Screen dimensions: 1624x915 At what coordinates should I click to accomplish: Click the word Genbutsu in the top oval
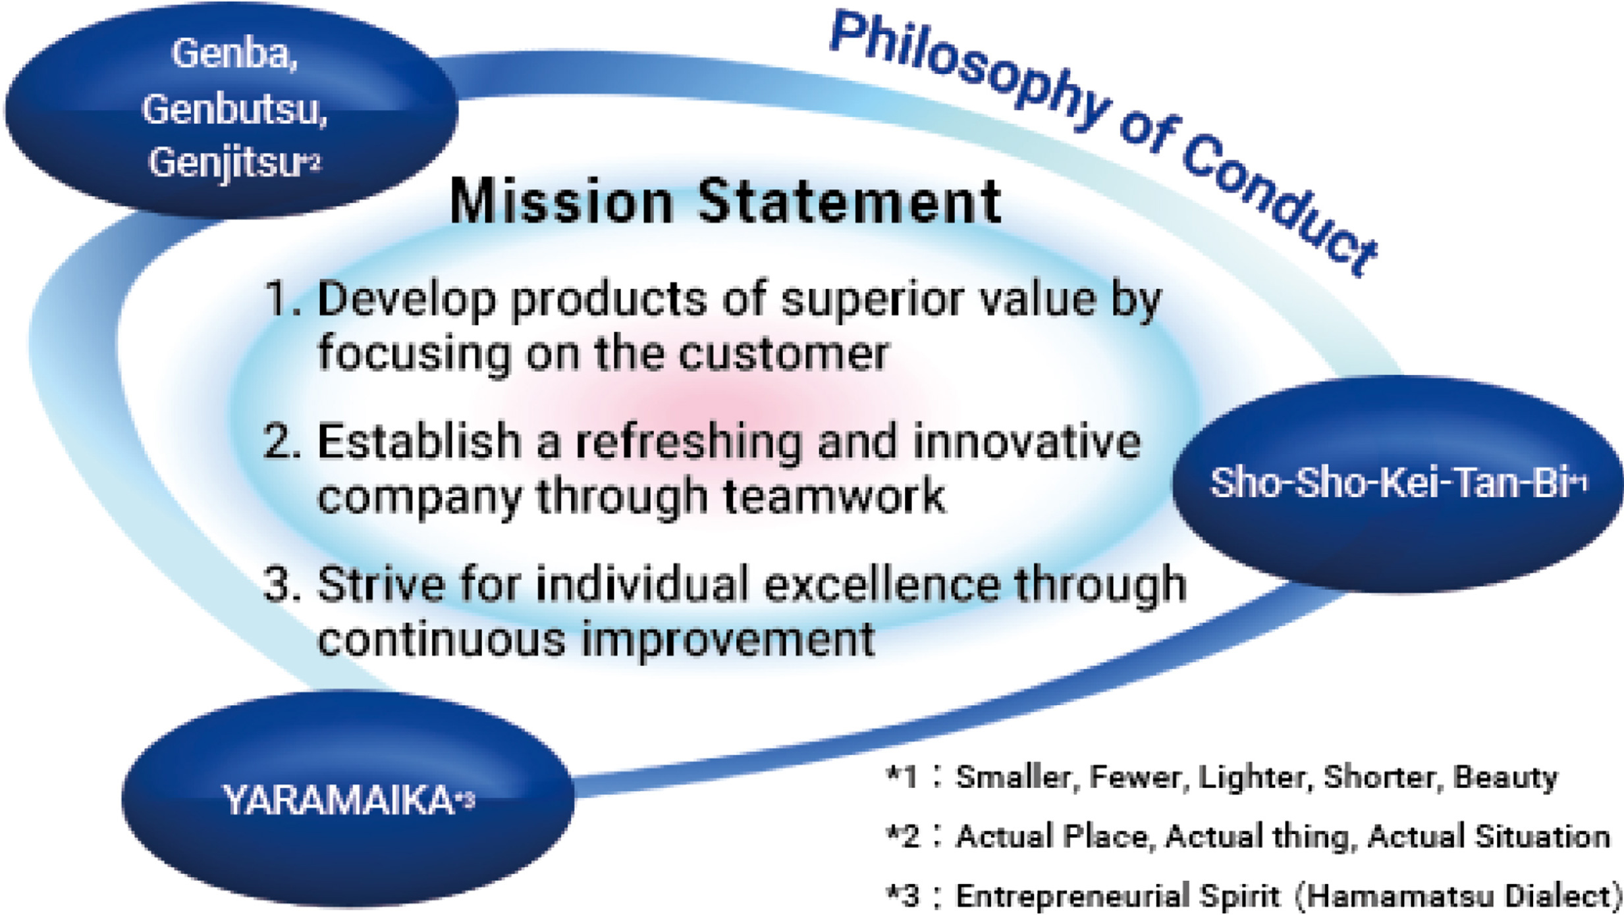coord(234,109)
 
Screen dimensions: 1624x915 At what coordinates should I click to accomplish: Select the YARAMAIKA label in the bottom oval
coord(339,800)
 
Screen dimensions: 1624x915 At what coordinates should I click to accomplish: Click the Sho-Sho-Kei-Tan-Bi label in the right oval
coord(1390,483)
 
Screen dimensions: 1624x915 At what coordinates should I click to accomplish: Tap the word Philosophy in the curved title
coord(968,69)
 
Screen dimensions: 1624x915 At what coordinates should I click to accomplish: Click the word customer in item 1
coord(784,353)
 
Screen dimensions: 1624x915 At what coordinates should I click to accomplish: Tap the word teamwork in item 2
coord(835,495)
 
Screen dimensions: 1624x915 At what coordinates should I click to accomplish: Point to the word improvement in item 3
coord(728,640)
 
